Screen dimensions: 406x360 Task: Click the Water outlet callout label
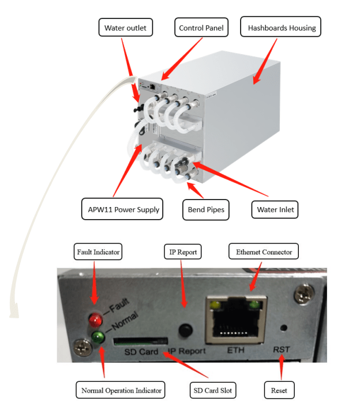pyautogui.click(x=126, y=27)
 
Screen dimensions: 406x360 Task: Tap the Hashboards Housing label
pyautogui.click(x=282, y=27)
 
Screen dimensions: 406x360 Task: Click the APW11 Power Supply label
pyautogui.click(x=121, y=209)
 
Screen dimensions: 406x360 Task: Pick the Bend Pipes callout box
pyautogui.click(x=206, y=209)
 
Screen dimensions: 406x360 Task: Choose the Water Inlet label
pyautogui.click(x=274, y=209)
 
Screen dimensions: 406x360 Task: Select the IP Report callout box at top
pyautogui.click(x=183, y=252)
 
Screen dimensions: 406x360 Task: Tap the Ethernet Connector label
pyautogui.click(x=264, y=252)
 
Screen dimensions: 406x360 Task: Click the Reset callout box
pyautogui.click(x=279, y=390)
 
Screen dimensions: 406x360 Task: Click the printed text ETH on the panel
pyautogui.click(x=235, y=350)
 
